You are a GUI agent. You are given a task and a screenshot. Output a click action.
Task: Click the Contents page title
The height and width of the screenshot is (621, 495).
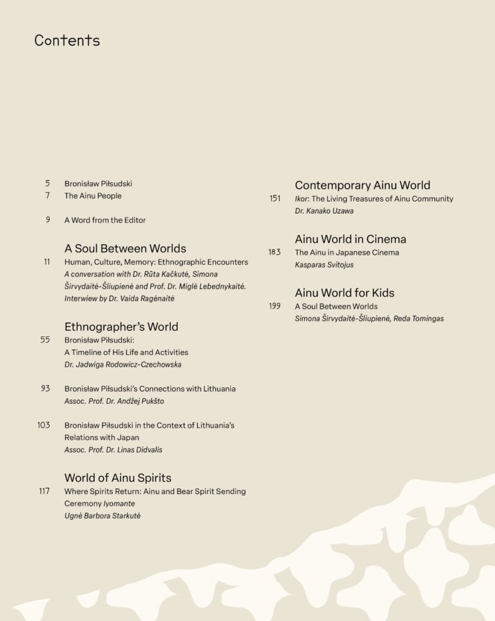(67, 41)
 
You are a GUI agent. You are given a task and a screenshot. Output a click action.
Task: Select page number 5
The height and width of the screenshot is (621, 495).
(47, 184)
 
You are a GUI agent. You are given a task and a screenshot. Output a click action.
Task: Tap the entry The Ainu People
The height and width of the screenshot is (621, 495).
(93, 196)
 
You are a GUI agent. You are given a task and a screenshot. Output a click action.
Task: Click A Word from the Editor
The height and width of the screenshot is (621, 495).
(105, 220)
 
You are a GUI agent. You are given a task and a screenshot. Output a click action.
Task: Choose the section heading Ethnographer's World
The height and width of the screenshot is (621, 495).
(121, 327)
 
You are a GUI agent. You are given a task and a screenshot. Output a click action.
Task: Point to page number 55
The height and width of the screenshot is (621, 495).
(45, 339)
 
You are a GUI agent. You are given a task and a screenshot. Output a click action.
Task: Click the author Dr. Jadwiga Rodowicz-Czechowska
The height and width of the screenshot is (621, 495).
(123, 365)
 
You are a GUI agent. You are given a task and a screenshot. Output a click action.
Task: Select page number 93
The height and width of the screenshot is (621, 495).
(45, 388)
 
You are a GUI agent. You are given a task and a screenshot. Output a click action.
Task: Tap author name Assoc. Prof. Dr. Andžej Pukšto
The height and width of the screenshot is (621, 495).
(114, 401)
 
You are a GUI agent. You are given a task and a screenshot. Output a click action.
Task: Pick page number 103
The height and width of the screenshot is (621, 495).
(43, 425)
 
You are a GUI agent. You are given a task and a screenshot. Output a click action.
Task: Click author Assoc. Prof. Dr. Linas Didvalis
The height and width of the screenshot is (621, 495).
(113, 450)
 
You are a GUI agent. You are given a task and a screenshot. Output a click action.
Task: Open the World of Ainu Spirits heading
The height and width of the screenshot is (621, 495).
(118, 478)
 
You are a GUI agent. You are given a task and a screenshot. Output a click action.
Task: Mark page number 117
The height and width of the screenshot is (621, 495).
(44, 492)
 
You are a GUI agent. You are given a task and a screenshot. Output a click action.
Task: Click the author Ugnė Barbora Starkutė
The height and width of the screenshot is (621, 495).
(102, 516)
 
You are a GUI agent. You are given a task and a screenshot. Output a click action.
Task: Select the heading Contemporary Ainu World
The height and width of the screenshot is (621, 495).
(362, 186)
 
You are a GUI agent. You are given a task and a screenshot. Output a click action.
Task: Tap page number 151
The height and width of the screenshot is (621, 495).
(275, 198)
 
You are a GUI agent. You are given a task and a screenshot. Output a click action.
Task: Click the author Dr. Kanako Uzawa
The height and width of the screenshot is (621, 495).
(324, 211)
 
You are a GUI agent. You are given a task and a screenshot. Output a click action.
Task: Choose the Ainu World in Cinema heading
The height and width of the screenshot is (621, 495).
(351, 239)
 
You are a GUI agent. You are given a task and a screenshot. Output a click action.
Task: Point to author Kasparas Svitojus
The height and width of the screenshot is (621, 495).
(324, 265)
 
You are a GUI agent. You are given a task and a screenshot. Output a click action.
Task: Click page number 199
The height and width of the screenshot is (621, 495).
(275, 306)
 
